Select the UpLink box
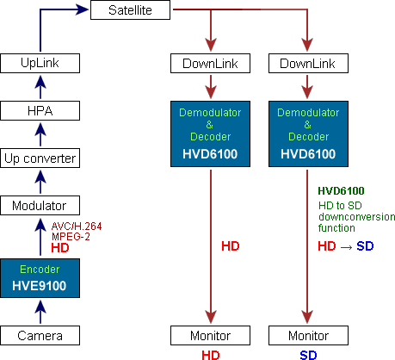[x=40, y=63]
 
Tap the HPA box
[x=40, y=110]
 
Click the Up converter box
[x=40, y=158]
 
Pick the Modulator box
[x=40, y=205]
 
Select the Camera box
[x=40, y=335]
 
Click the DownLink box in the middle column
[x=211, y=63]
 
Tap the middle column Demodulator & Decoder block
[x=211, y=133]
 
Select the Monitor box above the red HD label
[x=211, y=335]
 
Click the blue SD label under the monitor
[x=308, y=354]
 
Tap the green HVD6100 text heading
[x=341, y=191]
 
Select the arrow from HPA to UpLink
[x=40, y=87]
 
